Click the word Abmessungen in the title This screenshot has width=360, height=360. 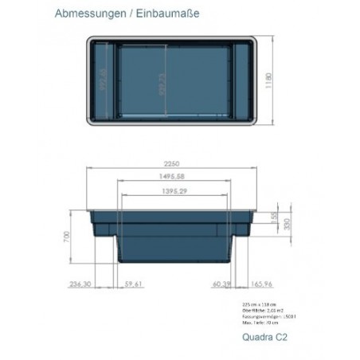(86, 14)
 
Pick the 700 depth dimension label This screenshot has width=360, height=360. (69, 237)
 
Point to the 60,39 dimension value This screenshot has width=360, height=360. (221, 284)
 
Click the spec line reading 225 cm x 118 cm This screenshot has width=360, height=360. (256, 303)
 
